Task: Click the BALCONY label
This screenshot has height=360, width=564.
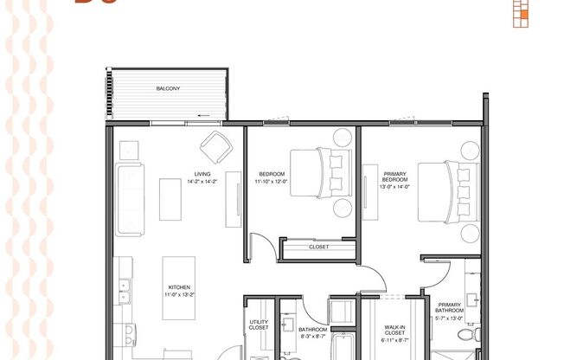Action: point(168,87)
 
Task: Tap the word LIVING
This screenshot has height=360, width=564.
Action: point(202,175)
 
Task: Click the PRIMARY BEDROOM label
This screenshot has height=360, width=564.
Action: point(395,178)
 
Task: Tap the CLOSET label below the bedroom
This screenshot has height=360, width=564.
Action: point(319,247)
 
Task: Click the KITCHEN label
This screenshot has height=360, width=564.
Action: point(179,287)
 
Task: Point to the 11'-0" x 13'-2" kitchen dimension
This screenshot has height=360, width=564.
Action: point(179,295)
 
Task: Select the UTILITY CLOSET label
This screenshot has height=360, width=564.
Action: point(259,325)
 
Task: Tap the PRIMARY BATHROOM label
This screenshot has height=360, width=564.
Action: point(450,308)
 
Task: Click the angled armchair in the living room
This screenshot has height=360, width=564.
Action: point(215,145)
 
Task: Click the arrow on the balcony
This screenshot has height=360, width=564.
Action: point(202,113)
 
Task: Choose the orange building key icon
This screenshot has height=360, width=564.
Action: point(520,12)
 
